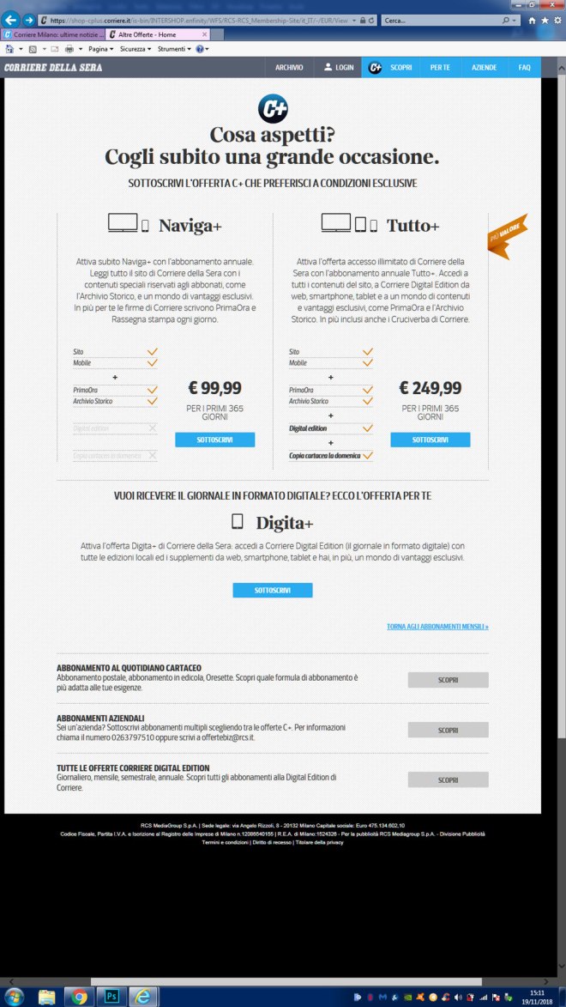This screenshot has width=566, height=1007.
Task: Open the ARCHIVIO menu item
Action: [289, 67]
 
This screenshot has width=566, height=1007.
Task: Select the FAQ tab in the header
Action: [524, 67]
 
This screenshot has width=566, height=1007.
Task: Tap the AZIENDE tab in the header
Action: [484, 67]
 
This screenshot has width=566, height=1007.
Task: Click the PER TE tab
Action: [441, 67]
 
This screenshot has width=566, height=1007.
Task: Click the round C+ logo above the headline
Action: [273, 109]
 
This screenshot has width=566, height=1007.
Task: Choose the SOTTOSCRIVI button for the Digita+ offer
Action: [273, 591]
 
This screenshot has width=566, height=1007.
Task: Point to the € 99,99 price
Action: [214, 388]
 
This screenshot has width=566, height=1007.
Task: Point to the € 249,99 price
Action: [431, 388]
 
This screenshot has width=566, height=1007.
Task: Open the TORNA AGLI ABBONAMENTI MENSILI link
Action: [437, 627]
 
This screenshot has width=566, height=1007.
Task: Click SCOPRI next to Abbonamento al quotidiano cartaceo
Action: [448, 680]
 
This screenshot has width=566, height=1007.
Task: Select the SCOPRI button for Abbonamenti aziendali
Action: [448, 730]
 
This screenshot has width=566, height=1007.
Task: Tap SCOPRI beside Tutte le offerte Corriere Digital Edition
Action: [448, 780]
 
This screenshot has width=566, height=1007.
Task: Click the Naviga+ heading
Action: [190, 226]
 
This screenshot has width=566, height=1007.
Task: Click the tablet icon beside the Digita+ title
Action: [238, 522]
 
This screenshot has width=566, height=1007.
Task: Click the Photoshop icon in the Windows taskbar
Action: [111, 996]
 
